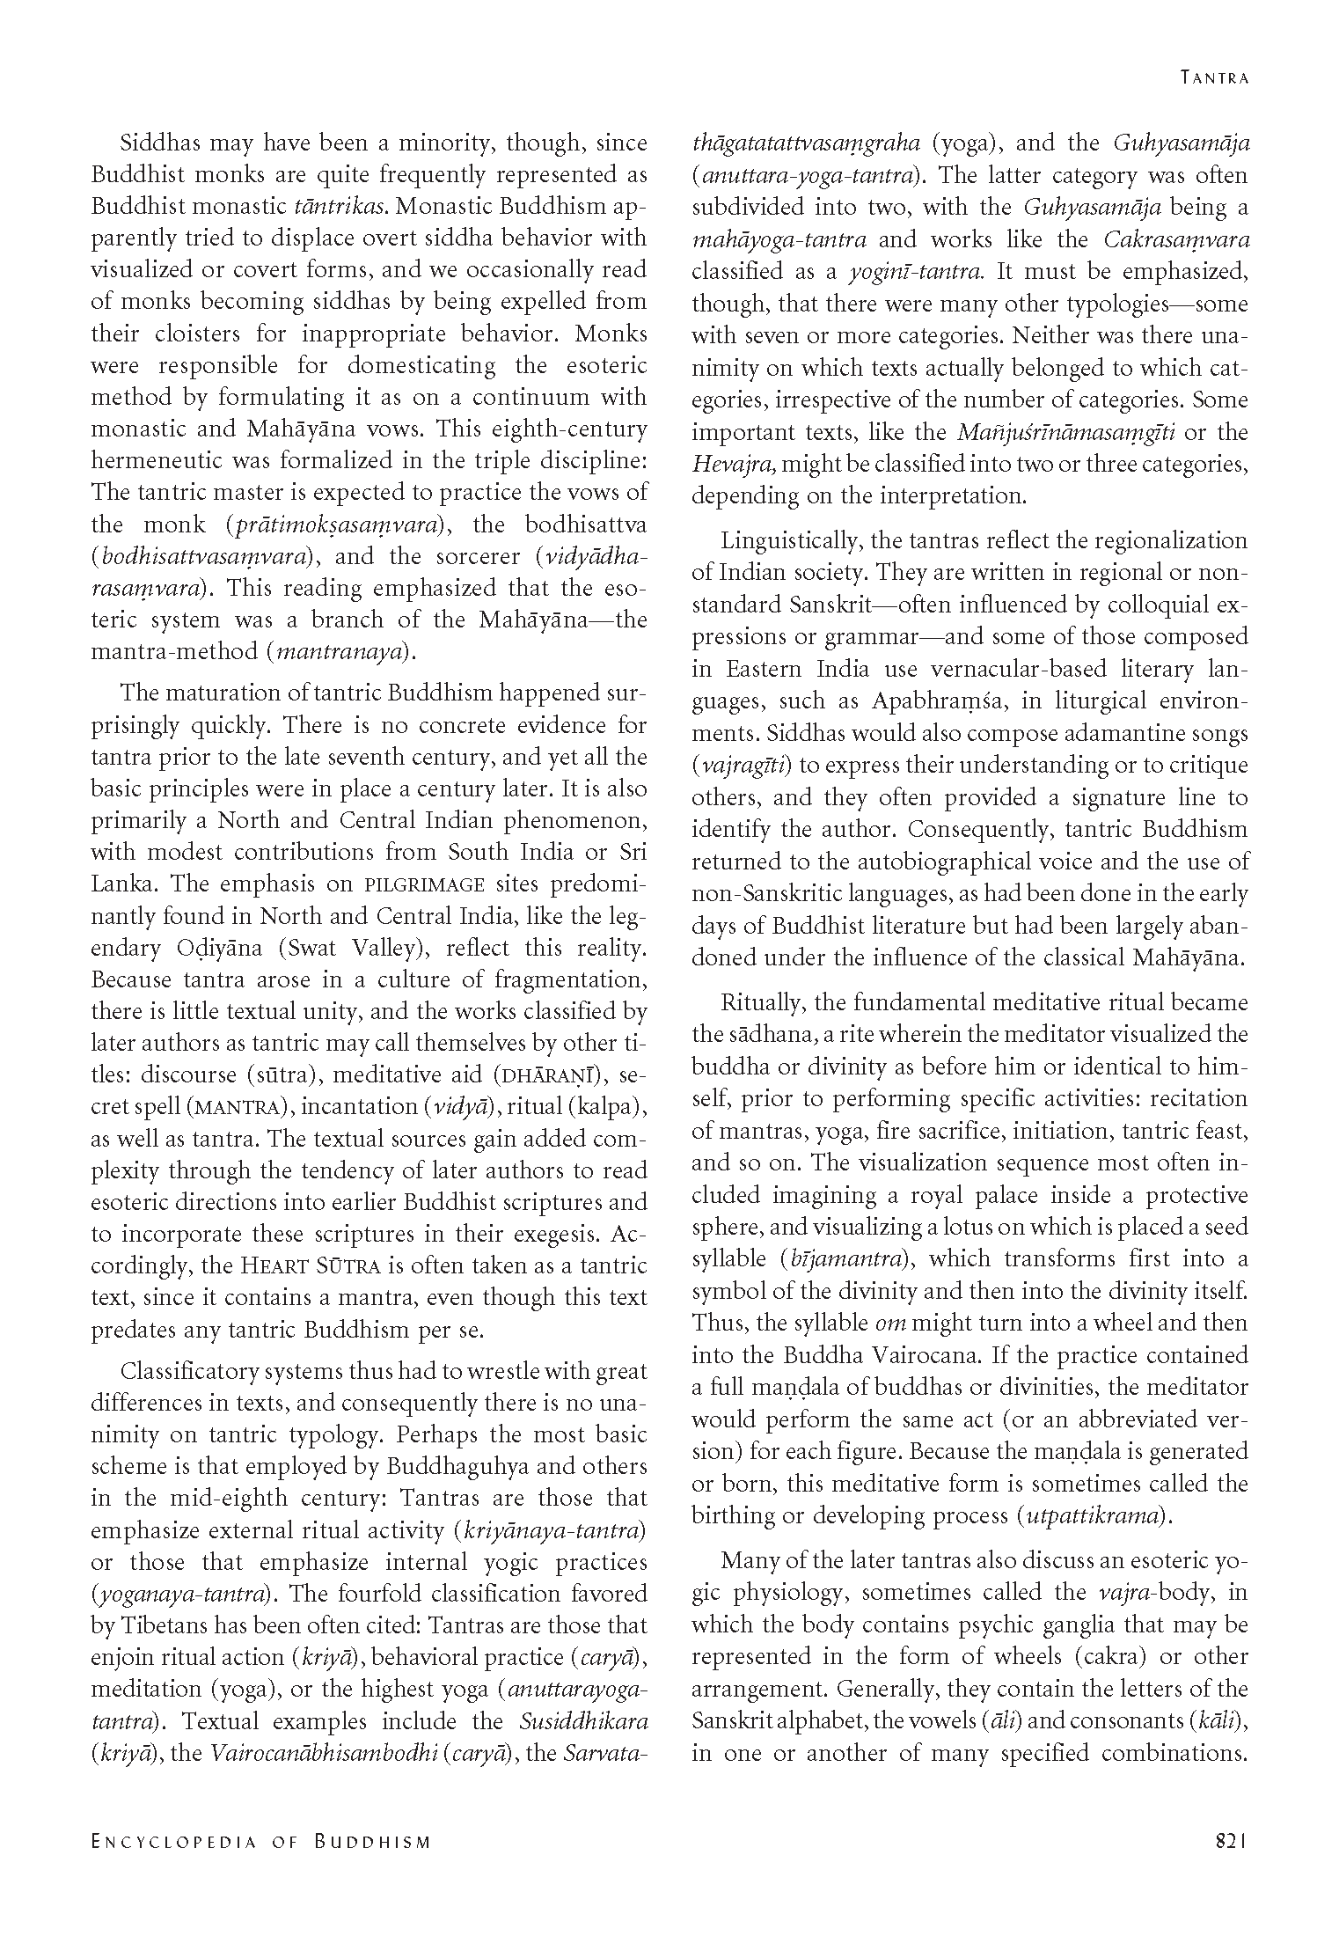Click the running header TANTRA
(1214, 77)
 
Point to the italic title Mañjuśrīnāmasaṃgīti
(1069, 432)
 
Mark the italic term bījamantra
(843, 1259)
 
